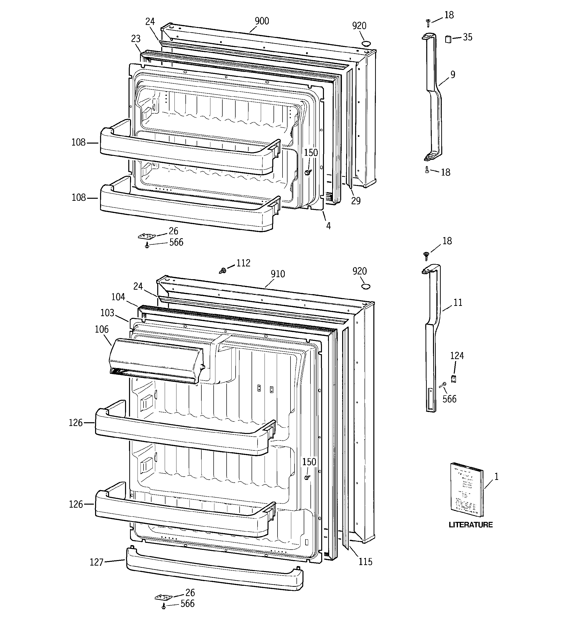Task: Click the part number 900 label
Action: coord(262,21)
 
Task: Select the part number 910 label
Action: coord(278,274)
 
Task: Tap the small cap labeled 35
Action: coord(448,39)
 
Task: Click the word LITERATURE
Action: coord(470,525)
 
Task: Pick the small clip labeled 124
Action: coord(453,379)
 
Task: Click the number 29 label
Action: coord(356,201)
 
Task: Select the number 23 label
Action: coord(136,39)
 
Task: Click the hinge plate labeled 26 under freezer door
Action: coord(146,236)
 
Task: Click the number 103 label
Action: coord(107,313)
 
